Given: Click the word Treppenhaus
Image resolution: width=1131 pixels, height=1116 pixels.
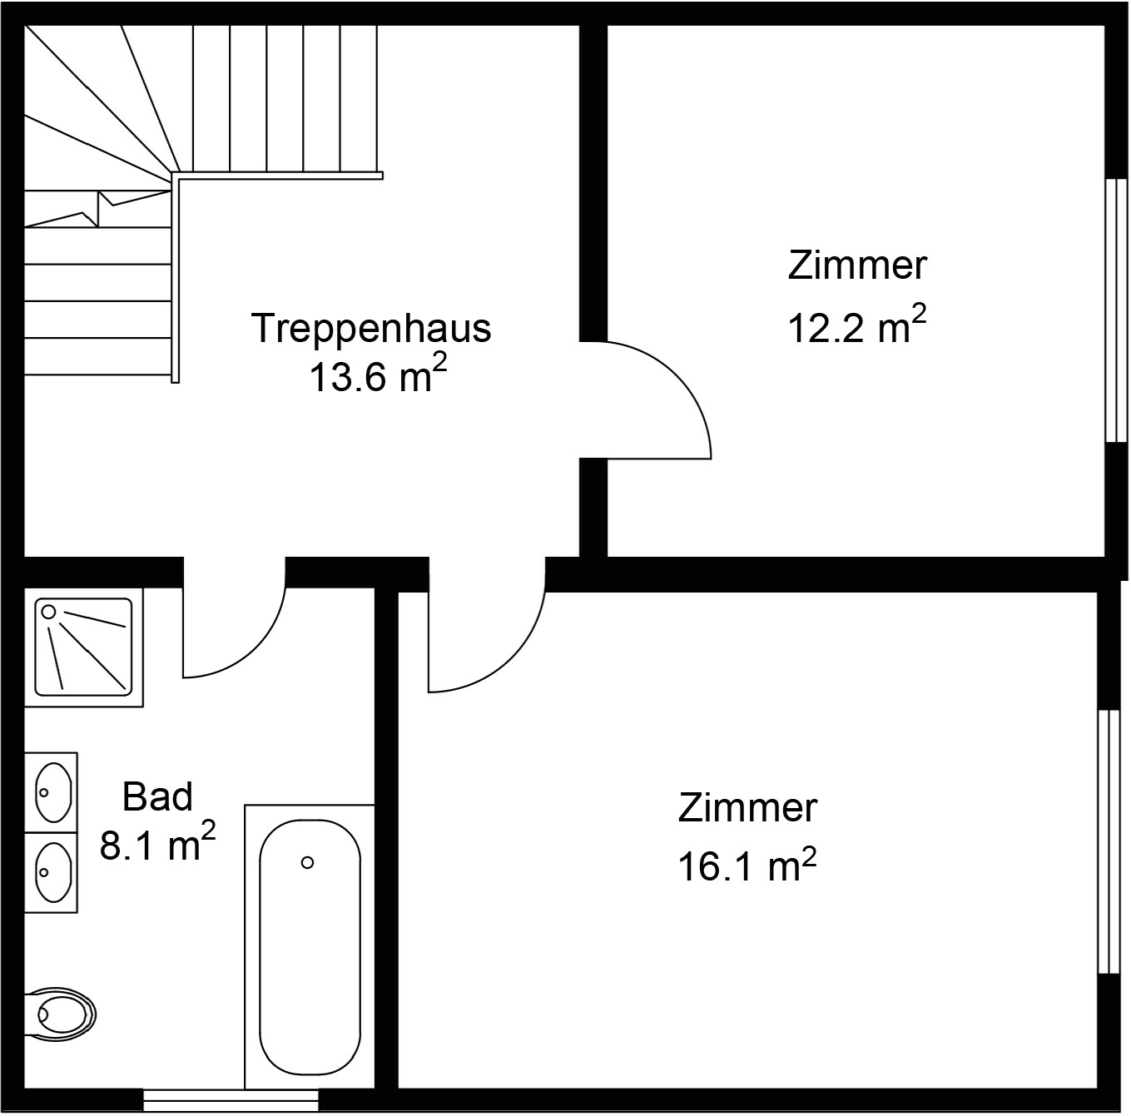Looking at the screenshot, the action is (x=371, y=330).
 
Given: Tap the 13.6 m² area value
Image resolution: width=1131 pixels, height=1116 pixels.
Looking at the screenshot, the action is (x=378, y=374).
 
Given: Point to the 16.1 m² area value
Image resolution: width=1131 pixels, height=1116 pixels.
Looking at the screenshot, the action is (x=747, y=864).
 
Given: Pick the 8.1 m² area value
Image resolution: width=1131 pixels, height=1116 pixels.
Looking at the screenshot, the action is (x=157, y=842).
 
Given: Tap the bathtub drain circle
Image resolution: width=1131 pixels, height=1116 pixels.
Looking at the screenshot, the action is (x=307, y=862).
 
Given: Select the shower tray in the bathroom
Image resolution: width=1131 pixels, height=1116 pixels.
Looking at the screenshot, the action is (x=83, y=647).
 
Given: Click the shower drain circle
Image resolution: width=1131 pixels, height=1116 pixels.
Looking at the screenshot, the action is (x=49, y=612).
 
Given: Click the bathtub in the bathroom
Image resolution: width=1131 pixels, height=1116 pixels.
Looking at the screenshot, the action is (x=310, y=946).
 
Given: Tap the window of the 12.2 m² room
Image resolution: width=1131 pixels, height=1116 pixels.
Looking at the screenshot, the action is (x=1117, y=310).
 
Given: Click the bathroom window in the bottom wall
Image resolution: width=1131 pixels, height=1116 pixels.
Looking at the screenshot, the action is (x=231, y=1099).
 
